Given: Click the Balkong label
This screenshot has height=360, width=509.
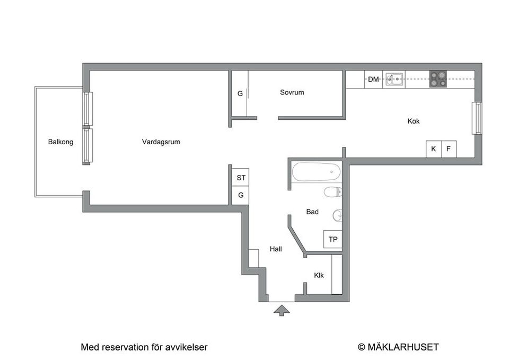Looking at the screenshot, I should (60, 142).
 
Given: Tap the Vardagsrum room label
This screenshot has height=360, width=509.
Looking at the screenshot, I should (161, 142).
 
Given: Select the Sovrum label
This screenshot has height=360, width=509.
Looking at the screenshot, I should (292, 92).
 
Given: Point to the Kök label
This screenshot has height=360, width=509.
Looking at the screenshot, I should (414, 121).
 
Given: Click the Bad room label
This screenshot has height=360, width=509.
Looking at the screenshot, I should (312, 212).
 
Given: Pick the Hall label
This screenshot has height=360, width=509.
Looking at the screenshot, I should (276, 249).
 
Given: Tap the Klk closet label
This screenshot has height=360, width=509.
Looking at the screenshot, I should (319, 276).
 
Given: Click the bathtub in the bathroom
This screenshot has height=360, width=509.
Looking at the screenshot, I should (316, 172).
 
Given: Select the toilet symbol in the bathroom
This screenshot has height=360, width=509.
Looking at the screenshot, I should (331, 192).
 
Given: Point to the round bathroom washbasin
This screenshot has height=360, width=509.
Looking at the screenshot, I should (337, 215).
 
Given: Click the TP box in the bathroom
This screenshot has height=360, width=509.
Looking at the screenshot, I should (332, 240).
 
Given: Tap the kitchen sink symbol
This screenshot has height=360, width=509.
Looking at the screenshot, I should (394, 80).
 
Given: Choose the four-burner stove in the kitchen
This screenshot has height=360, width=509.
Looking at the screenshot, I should (437, 79).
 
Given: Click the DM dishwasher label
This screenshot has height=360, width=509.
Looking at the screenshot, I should (373, 80).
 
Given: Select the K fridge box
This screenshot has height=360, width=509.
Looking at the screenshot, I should (433, 149).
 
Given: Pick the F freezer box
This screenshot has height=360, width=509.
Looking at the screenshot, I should (449, 149).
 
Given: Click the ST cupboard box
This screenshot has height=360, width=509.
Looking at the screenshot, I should (241, 178).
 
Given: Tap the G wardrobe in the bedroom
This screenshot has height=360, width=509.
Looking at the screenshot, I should (240, 94).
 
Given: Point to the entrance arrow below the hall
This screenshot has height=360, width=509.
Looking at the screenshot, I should (282, 310).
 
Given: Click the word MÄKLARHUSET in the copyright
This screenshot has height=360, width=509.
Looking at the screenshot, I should (403, 347).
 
